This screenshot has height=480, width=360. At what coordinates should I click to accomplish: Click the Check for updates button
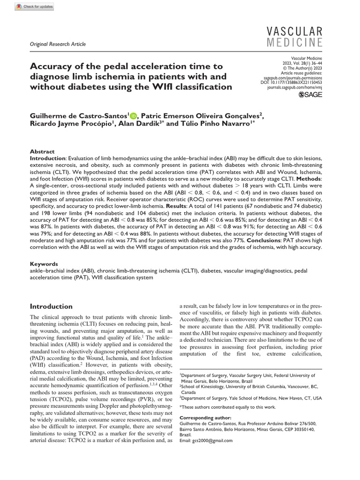(34, 7)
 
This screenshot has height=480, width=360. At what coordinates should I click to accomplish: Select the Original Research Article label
(58, 45)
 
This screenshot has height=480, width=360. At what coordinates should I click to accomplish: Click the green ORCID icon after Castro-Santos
(133, 116)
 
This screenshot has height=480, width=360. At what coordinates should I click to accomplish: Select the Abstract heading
(42, 152)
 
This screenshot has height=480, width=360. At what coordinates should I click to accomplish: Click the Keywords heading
(44, 264)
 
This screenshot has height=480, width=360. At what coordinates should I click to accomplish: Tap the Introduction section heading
(51, 307)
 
